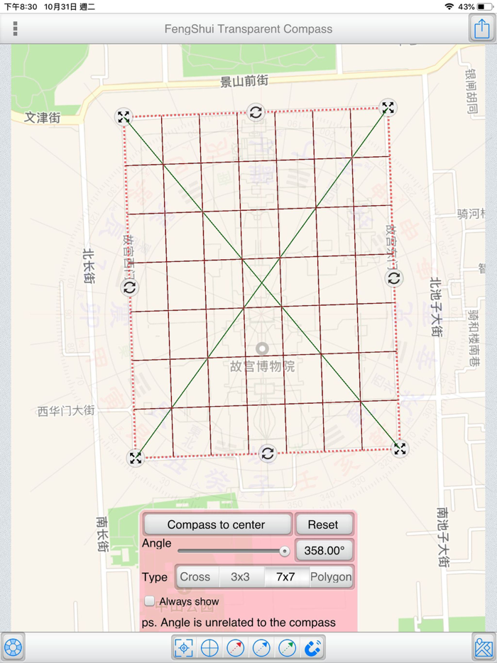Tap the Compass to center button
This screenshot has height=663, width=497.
click(x=217, y=525)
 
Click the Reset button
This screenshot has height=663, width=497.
click(x=323, y=525)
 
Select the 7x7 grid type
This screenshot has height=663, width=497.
click(x=285, y=576)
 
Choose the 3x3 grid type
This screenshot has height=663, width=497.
click(x=241, y=576)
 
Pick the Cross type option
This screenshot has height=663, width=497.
click(x=195, y=576)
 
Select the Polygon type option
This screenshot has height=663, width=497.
click(x=331, y=576)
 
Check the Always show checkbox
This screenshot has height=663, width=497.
click(x=150, y=601)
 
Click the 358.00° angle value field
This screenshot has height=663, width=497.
click(x=324, y=550)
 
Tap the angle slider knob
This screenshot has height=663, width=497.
click(x=285, y=551)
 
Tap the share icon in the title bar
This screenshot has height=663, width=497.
click(x=482, y=28)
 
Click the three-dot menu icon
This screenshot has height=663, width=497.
click(x=15, y=29)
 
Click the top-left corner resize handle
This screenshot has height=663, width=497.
click(x=124, y=117)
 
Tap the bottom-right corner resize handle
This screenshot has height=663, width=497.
click(x=400, y=449)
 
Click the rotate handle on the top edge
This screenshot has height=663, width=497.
click(x=256, y=111)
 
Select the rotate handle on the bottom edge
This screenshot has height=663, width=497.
click(x=268, y=454)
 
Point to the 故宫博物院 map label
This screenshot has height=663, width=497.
click(x=263, y=366)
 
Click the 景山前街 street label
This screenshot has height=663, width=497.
click(x=244, y=82)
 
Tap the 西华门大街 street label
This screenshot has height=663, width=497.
click(x=66, y=410)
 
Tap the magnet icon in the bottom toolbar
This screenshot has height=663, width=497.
click(x=313, y=647)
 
